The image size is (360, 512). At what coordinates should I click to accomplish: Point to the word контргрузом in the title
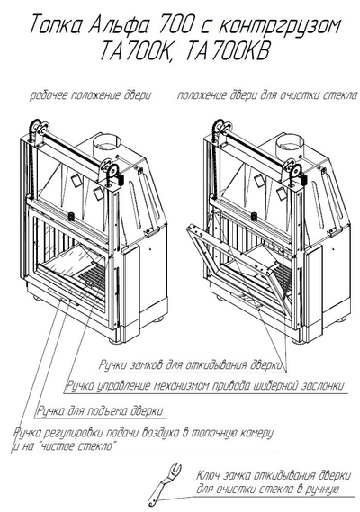280,25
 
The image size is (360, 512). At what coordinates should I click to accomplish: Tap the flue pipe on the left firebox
106,145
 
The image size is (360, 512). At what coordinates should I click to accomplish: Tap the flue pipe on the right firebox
290,145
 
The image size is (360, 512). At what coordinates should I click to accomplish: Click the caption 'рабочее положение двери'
91,95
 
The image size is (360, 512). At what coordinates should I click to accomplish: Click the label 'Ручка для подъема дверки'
100,410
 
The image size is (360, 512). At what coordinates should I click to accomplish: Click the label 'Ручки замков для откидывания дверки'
191,364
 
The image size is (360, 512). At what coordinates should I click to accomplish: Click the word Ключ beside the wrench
208,475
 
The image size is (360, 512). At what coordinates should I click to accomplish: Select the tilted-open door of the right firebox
239,268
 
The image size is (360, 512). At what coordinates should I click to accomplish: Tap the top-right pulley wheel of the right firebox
297,172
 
